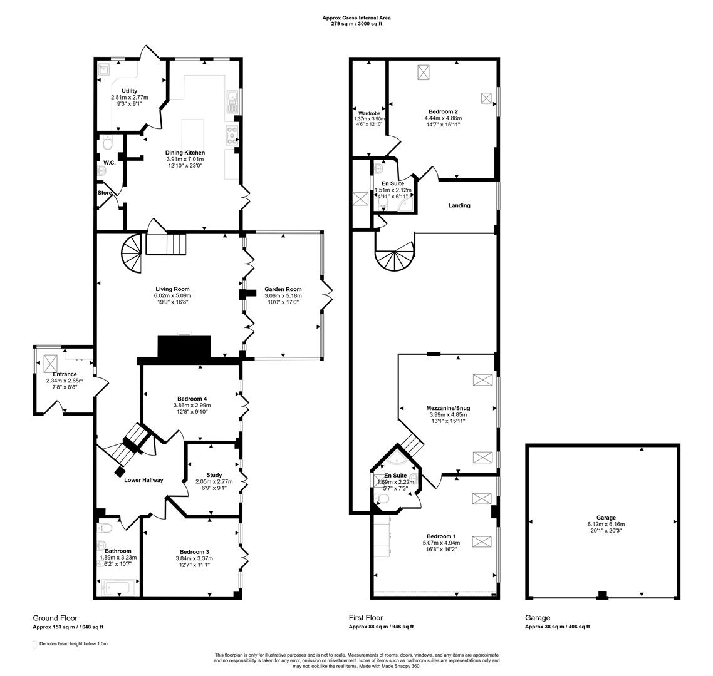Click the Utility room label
point(130,91)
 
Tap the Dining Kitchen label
point(185,153)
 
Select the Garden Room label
point(283,289)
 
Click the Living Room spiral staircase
point(133,252)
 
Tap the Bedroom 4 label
point(192,399)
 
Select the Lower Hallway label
point(143,480)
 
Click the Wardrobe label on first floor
point(369,113)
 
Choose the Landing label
point(459,205)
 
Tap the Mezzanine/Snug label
point(448,408)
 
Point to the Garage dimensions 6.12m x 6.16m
point(605,525)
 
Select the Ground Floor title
point(55,618)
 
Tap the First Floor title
point(365,618)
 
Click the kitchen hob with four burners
point(231,133)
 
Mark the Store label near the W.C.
point(104,193)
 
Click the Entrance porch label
point(65,374)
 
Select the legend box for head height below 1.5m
point(34,643)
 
